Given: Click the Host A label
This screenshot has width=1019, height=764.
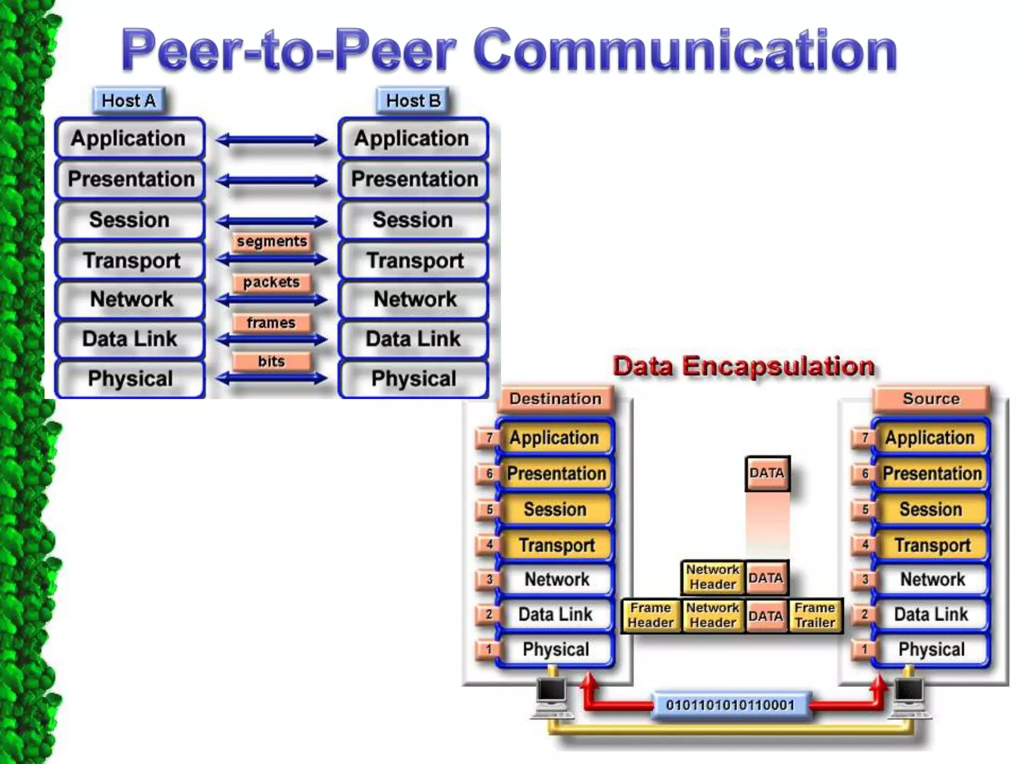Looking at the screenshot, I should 128,101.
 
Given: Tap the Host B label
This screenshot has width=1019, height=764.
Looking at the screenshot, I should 413,101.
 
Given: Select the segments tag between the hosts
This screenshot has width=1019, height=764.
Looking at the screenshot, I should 272,242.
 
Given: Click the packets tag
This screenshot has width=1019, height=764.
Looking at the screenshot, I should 271,283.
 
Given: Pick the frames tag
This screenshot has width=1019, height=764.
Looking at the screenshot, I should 271,323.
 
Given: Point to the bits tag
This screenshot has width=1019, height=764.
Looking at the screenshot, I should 271,361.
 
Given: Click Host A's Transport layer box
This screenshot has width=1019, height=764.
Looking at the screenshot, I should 130,261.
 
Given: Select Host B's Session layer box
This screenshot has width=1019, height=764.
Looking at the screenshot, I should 413,220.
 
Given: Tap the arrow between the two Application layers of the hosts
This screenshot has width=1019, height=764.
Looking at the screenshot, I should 272,140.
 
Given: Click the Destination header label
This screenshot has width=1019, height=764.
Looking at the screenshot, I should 555,399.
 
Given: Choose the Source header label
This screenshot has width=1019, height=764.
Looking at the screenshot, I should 931,399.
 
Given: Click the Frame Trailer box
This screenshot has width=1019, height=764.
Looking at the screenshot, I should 815,615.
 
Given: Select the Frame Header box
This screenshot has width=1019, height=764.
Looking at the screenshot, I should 650,615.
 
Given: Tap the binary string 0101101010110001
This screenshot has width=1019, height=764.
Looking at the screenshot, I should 730,705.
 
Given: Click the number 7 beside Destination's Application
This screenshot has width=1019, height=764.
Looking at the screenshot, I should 489,438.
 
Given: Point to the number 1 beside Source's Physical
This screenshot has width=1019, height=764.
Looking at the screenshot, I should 865,650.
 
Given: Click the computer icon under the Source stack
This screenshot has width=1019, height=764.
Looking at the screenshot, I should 909,696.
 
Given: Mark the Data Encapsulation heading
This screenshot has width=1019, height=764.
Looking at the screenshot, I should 743,366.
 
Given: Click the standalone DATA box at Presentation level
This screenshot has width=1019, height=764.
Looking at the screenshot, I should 767,473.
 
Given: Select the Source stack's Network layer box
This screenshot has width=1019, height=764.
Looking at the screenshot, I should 932,579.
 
